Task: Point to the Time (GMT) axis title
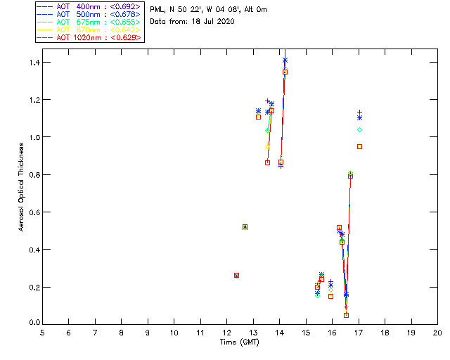[240, 342]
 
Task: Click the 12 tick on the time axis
[227, 333]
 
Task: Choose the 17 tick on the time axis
[359, 333]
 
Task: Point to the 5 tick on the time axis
[42, 333]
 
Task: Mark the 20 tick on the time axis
[437, 333]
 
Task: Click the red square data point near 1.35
[285, 72]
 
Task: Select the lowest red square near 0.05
[346, 315]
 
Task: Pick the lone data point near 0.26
[236, 275]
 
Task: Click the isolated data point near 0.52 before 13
[245, 226]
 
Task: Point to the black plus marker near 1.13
[360, 112]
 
